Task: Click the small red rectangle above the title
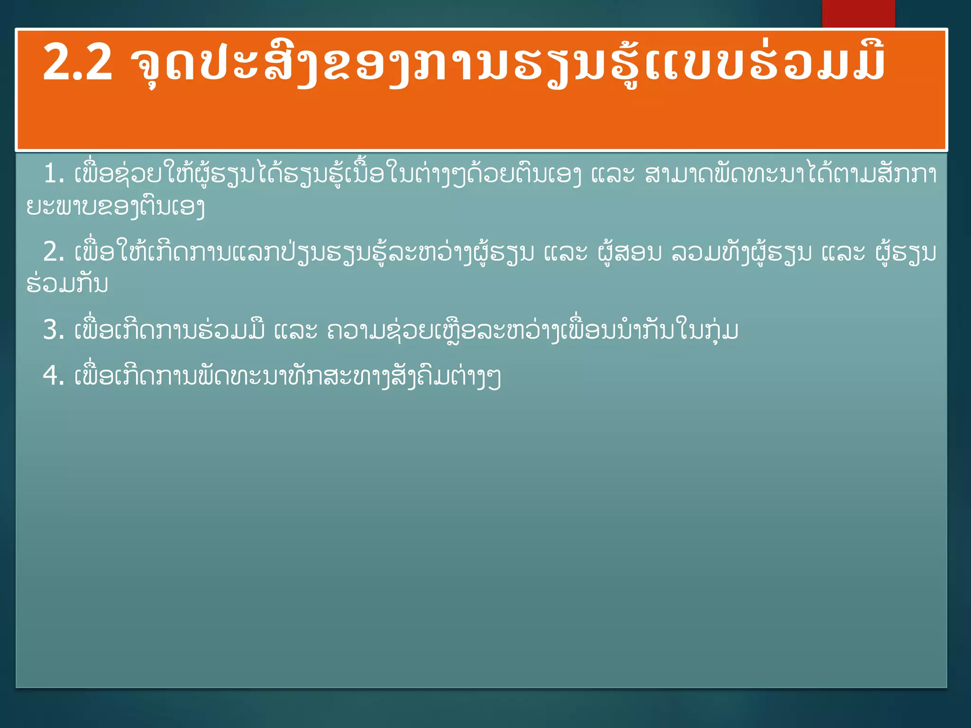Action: coord(858,14)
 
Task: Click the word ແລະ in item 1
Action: coord(613,174)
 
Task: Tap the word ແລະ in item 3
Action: coord(296,330)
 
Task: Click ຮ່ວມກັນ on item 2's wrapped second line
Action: coord(67,283)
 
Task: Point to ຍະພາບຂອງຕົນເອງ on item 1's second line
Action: coord(116,207)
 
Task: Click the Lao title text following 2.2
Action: coord(507,64)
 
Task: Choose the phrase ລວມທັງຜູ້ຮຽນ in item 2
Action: coord(742,252)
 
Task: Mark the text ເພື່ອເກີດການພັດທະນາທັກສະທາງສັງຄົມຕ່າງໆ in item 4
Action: coord(287,376)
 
